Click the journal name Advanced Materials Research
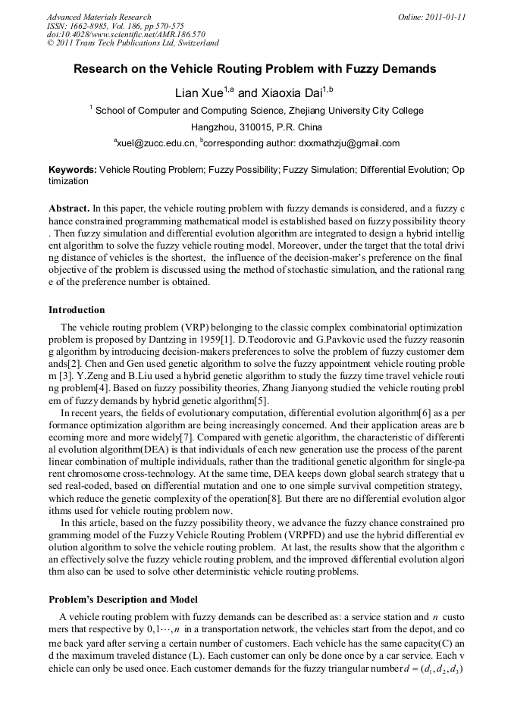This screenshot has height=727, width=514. coord(99,17)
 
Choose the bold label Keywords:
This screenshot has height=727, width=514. coord(73,171)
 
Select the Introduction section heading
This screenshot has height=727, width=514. coord(77,310)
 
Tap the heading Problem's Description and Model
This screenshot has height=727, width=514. coord(123,600)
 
